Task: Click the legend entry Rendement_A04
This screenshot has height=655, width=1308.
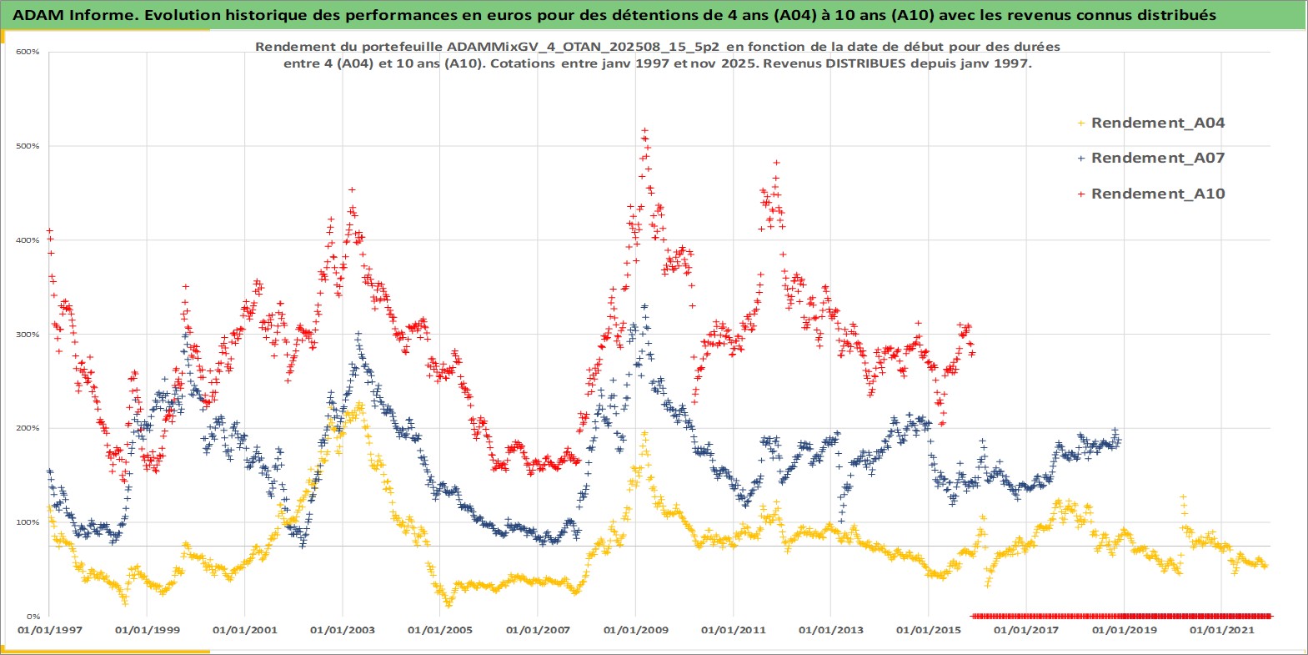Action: [x=1157, y=123]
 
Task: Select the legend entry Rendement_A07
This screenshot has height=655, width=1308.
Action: [x=1157, y=158]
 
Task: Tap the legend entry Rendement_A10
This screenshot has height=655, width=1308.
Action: [x=1157, y=194]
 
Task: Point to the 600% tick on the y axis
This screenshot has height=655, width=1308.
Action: [x=28, y=52]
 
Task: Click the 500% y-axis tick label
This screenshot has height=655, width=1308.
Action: [x=28, y=146]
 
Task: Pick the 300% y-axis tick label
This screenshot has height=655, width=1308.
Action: [x=28, y=335]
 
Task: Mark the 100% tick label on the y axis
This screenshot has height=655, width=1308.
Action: [x=28, y=522]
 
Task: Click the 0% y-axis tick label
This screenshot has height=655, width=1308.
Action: [x=32, y=617]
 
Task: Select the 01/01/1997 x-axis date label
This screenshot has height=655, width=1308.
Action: [x=50, y=630]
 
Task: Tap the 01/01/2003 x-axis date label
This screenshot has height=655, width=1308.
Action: [x=343, y=630]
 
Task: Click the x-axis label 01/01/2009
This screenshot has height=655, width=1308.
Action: [x=636, y=630]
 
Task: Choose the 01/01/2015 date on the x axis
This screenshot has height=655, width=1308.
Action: [x=929, y=630]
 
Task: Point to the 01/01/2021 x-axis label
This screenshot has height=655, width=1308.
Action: [x=1221, y=630]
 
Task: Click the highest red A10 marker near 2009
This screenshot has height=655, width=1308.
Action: [x=644, y=131]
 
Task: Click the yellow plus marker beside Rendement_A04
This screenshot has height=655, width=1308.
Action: [x=1081, y=123]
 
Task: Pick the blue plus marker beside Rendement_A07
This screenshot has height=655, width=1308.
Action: [x=1081, y=159]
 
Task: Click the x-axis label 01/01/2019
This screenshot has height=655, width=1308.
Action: [x=1124, y=630]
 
